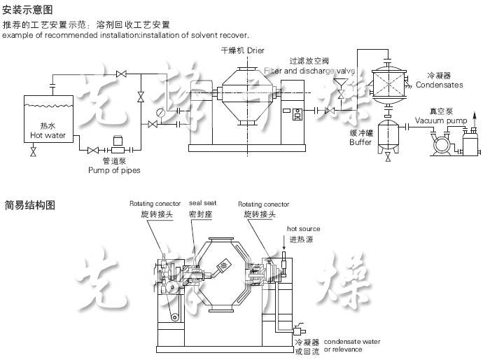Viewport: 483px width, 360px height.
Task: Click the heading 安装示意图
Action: tap(28, 11)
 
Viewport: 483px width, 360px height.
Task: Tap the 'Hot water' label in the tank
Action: tap(48, 135)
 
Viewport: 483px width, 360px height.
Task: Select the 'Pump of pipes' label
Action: tap(113, 170)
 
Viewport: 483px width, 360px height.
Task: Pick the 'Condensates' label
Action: tap(439, 85)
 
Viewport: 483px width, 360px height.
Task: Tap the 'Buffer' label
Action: tap(360, 142)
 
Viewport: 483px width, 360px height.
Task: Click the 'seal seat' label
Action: tap(202, 203)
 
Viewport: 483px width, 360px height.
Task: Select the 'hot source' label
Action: tap(303, 229)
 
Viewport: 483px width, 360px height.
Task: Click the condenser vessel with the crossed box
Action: tap(388, 82)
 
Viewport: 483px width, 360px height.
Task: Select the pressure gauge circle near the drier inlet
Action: tap(161, 112)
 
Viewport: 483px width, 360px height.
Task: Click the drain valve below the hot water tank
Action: tap(33, 151)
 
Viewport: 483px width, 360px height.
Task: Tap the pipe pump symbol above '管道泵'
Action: tap(118, 148)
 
